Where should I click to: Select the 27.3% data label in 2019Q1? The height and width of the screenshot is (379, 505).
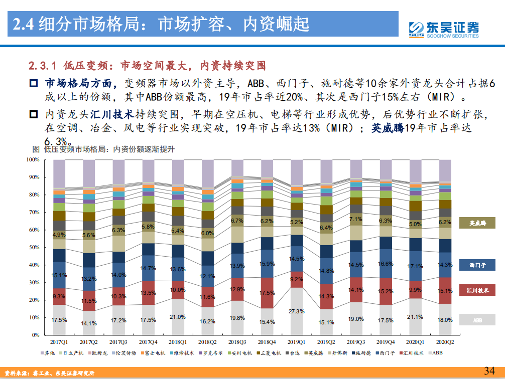(296, 311)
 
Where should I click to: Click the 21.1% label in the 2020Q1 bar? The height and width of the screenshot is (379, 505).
(415, 317)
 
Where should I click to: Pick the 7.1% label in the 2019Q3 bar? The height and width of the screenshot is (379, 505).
(355, 219)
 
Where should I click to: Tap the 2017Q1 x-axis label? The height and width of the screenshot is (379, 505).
(59, 341)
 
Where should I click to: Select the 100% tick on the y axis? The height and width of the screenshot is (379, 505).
(33, 160)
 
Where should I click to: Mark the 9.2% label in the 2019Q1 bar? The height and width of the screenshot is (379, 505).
(296, 279)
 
